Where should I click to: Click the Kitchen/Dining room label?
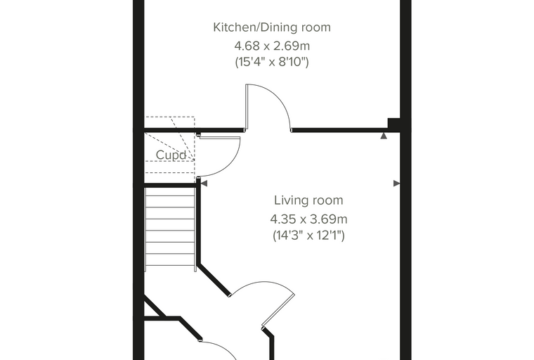coord(272,27)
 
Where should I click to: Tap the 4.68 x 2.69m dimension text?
coord(272,45)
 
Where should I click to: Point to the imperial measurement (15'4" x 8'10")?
coord(272,62)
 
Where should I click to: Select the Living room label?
coord(308,200)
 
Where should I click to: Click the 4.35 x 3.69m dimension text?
coord(308,219)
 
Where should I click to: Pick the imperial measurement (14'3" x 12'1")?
coord(308,236)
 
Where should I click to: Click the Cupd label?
coord(171,155)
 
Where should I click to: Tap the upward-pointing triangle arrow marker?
coord(384,136)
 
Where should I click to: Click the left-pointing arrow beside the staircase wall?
coord(204,184)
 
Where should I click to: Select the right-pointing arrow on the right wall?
coord(397,184)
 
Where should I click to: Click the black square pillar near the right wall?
coord(393,124)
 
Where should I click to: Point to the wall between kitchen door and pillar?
coord(339,130)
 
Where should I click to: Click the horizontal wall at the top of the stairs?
coord(170,185)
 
